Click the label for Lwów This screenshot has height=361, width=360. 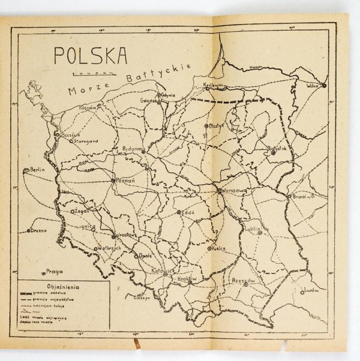(x=310, y=290)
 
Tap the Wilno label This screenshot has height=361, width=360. (x=314, y=85)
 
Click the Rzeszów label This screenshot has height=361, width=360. (x=243, y=281)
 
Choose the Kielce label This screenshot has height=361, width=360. (x=218, y=248)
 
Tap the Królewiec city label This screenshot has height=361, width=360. (x=215, y=85)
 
